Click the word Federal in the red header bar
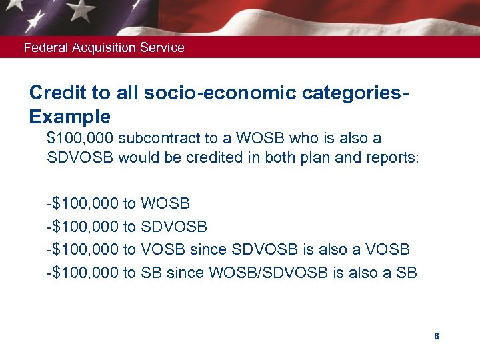pos(43,47)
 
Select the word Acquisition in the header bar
pos(101,47)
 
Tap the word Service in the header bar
pos(163,47)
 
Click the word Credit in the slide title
pos(56,93)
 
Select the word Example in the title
pos(70,117)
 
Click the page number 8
pos(436,336)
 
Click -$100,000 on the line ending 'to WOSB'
pos(83,203)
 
